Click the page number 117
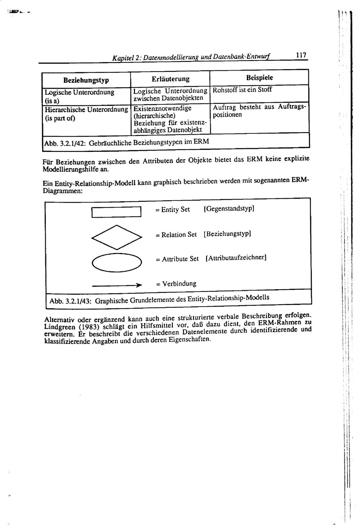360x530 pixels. click(x=301, y=55)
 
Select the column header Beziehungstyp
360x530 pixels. click(x=86, y=80)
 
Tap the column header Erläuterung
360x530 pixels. click(x=170, y=79)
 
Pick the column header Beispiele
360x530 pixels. click(x=259, y=77)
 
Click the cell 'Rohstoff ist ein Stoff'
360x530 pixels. click(x=242, y=90)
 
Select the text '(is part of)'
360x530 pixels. click(x=60, y=118)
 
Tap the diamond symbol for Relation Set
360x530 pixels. click(x=116, y=237)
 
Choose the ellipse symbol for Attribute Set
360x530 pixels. click(x=117, y=262)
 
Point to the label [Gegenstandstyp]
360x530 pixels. click(x=229, y=208)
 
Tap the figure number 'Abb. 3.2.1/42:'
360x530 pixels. click(x=64, y=144)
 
